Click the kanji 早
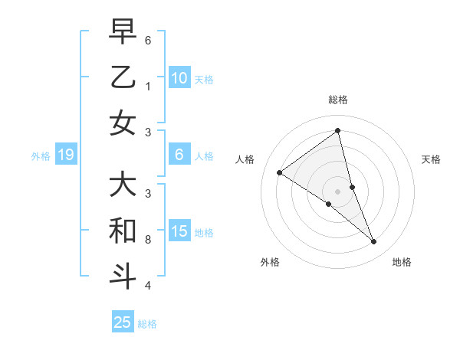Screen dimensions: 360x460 (x=123, y=32)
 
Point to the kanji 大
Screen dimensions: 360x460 (x=123, y=185)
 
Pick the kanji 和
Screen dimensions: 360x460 (x=123, y=230)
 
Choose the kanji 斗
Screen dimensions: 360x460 (x=123, y=275)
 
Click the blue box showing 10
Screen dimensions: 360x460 (x=179, y=78)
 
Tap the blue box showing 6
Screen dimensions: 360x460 (x=179, y=155)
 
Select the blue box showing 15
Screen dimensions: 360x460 (x=179, y=231)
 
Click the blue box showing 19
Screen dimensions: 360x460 (x=65, y=155)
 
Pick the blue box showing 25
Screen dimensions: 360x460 (x=123, y=322)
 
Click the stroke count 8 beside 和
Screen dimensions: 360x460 (x=148, y=240)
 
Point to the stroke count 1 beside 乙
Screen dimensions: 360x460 (x=148, y=87)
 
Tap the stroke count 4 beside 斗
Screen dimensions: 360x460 (x=148, y=286)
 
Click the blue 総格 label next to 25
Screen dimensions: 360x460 (x=147, y=324)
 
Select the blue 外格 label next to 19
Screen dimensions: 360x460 (x=41, y=156)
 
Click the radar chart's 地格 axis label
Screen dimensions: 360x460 (x=402, y=262)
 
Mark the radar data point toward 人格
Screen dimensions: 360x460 (x=279, y=172)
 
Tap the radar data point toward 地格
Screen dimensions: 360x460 (x=374, y=241)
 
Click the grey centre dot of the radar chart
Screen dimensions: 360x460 (x=338, y=191)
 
